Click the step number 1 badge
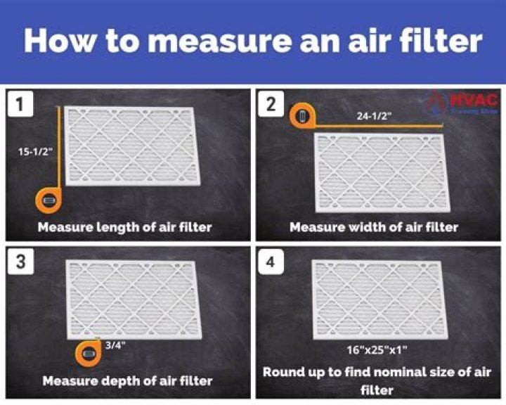(x=20, y=105)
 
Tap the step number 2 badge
(x=271, y=105)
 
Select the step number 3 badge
(x=20, y=263)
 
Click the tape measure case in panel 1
(x=48, y=201)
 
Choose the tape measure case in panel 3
(x=89, y=354)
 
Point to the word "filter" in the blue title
(x=439, y=41)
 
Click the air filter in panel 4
(x=378, y=299)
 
